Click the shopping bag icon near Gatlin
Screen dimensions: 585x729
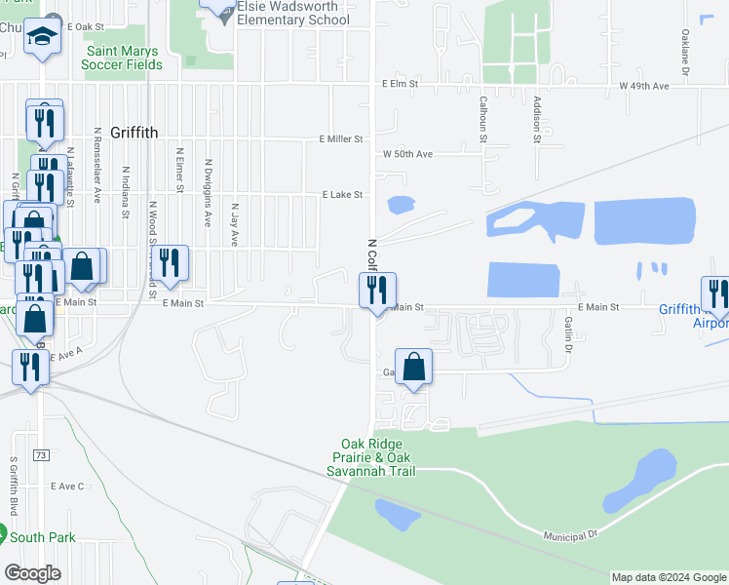click(x=413, y=367)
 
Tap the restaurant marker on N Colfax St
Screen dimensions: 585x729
click(x=377, y=290)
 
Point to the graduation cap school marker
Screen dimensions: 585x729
click(x=41, y=37)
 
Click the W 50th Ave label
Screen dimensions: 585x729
click(x=407, y=154)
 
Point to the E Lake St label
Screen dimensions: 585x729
click(x=342, y=195)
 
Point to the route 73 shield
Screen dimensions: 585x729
click(x=41, y=454)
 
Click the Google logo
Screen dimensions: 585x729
click(x=32, y=572)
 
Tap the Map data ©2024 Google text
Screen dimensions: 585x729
click(x=668, y=577)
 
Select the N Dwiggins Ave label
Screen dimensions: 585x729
click(x=208, y=193)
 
